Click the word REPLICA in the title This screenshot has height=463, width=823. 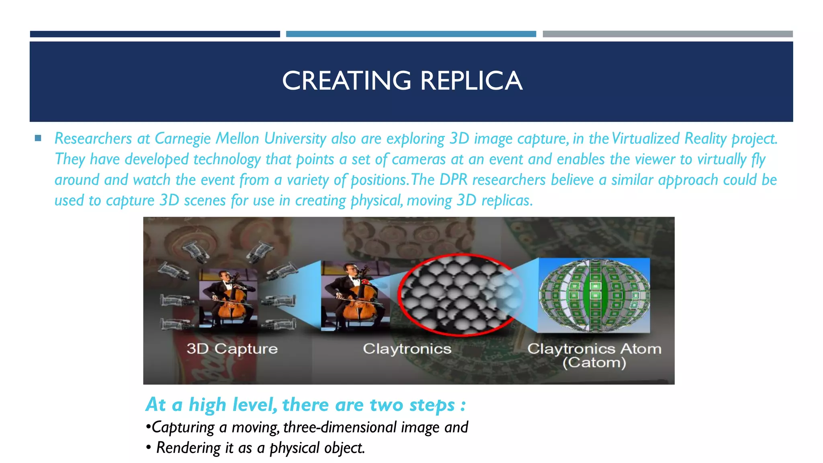point(471,81)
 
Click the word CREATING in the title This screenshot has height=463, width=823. point(346,81)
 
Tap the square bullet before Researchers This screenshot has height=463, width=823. point(38,139)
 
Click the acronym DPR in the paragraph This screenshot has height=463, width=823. point(453,180)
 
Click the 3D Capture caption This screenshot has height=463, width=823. point(232,348)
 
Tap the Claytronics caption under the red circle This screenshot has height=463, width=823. point(407,348)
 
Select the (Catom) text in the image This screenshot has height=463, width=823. point(594,363)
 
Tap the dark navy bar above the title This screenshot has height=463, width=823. point(155,34)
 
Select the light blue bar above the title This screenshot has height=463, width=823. point(411,34)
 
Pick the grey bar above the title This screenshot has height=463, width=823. point(667,34)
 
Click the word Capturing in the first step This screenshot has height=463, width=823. point(183,427)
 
